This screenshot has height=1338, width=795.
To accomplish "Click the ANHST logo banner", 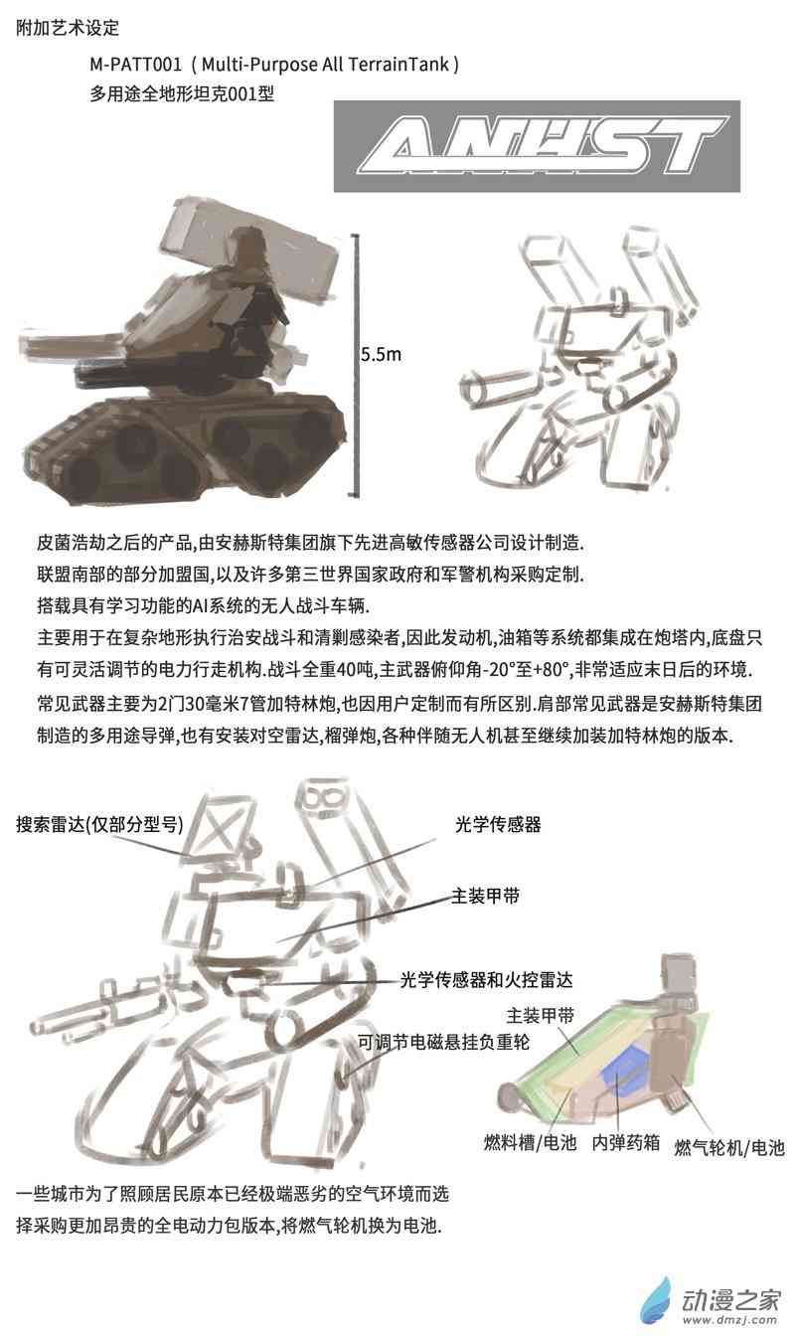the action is point(537,146).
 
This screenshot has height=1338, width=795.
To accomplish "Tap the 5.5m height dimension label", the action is point(381,354).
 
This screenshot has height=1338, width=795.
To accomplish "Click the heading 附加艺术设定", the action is point(68,28).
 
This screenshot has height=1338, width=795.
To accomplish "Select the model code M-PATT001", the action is point(135,64).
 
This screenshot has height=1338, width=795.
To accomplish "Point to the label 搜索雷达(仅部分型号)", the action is point(99,825).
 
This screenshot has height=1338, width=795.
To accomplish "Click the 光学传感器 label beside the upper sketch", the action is point(498,825).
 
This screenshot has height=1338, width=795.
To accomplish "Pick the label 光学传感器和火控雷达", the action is point(487,979).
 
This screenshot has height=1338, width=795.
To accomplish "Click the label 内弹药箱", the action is point(626,1143).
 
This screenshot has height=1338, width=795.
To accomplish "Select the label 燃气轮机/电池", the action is point(729,1147).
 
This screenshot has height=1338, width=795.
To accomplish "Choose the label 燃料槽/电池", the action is point(531,1143).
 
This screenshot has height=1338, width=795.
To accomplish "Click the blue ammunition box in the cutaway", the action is point(625,1074).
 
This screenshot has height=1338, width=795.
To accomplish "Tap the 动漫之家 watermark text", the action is point(731,1300).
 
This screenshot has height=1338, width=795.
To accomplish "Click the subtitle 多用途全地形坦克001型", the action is point(182,93).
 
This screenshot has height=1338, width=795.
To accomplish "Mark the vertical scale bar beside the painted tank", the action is point(357,366).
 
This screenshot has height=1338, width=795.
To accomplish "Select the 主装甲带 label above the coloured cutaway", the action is point(541,1015).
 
